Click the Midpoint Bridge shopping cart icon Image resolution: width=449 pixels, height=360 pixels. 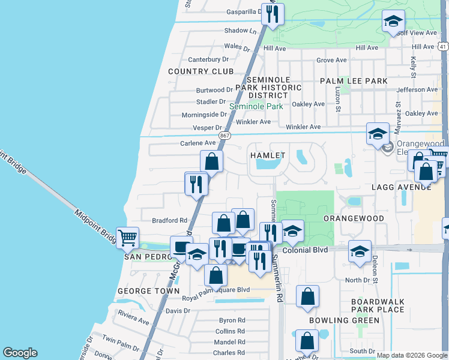pos(127,238)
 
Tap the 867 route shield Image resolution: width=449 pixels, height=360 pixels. pos(224,136)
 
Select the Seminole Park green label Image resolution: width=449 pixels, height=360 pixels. pos(256,106)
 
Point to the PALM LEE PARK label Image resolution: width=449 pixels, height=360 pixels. pos(354,80)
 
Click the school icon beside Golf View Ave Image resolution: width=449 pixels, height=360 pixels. pos(393,22)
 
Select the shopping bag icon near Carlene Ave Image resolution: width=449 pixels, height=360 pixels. pos(211,161)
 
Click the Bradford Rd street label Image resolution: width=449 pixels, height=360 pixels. pos(170,220)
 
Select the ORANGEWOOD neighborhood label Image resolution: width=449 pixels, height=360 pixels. pos(354,218)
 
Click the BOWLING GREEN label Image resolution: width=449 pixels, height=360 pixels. pos(344,320)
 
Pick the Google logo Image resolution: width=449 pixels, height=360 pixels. pos(20,353)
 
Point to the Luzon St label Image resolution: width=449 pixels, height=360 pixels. pos(338,99)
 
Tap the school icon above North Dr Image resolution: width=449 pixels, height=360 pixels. pos(360,251)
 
